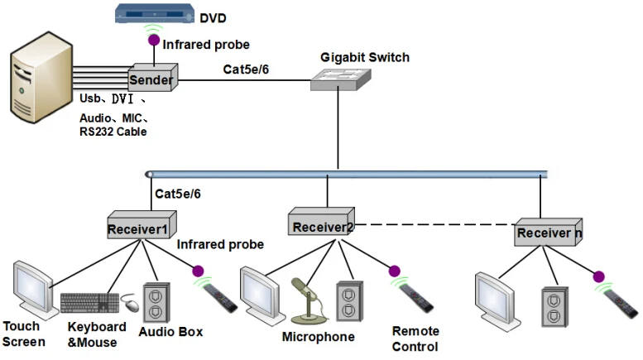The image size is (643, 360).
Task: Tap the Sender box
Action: point(151,79)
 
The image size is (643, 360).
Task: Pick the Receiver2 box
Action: point(323,224)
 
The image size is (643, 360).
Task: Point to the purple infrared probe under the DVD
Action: point(152,39)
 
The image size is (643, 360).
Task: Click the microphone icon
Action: point(305,300)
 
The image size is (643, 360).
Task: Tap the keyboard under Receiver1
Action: point(89,302)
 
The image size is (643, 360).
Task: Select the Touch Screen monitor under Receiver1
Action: point(31,289)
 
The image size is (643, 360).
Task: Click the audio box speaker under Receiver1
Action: point(157,302)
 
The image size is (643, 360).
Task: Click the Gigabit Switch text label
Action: point(365,57)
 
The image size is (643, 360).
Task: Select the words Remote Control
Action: point(415,338)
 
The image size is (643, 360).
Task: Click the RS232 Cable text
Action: point(113,131)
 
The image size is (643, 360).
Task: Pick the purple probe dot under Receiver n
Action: point(597,276)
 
